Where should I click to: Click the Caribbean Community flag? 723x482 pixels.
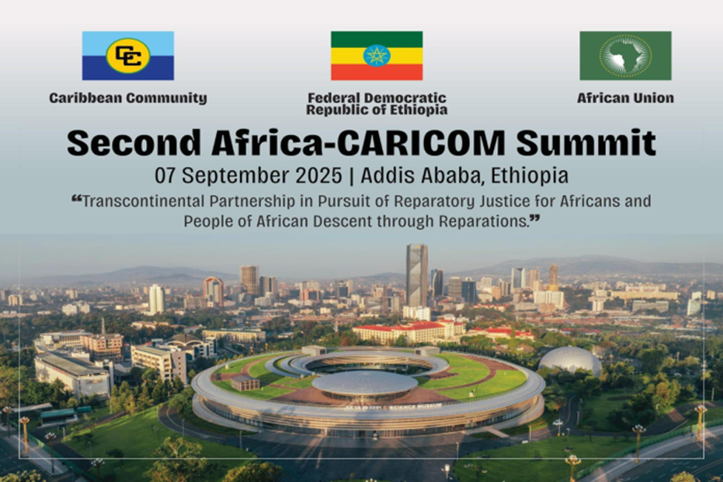pos(128,56)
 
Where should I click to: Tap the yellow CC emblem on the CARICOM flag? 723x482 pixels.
pos(128,56)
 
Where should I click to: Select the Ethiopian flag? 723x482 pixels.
pos(377,56)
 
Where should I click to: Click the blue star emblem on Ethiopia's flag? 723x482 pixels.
pos(377,56)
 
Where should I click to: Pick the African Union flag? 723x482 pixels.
pos(625,56)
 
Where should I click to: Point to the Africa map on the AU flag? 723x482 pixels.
pos(624,56)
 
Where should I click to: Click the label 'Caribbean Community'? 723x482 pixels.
pos(128,98)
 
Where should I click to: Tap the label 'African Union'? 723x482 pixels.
pos(625,98)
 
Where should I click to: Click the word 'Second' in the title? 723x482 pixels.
pos(134,142)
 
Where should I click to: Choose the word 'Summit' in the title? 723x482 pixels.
pos(586,142)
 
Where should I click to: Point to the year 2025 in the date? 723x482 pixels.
pos(319,176)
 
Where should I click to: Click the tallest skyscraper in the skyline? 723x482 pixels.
pos(417,275)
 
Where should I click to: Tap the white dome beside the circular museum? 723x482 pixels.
pos(570,360)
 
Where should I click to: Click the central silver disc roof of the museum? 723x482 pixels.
pos(365,383)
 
